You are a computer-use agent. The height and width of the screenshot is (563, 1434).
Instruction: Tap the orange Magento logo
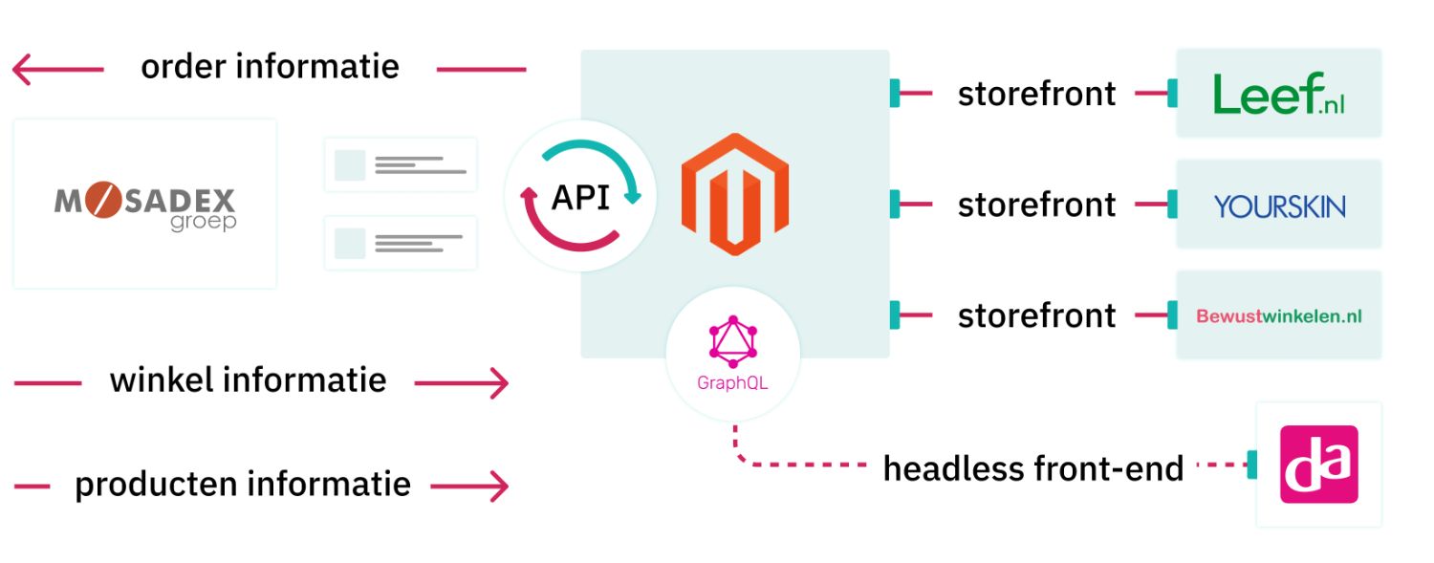click(x=734, y=194)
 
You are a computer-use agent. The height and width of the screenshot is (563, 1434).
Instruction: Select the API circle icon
click(x=580, y=196)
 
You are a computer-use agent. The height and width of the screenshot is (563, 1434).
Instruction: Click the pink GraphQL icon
click(x=732, y=341)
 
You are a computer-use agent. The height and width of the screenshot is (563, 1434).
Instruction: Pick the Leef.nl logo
click(x=1278, y=94)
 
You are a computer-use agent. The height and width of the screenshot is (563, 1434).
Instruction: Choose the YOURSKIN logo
click(x=1279, y=206)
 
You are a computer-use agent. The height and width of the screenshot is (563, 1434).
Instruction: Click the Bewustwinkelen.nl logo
click(x=1278, y=315)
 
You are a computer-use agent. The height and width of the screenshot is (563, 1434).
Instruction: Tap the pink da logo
click(x=1318, y=464)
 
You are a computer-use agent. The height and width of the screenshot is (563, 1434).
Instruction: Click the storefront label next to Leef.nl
click(x=1036, y=94)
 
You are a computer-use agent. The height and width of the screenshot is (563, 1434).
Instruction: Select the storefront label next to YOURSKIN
click(x=1036, y=205)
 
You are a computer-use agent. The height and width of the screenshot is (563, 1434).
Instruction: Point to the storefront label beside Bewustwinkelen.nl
click(x=1036, y=315)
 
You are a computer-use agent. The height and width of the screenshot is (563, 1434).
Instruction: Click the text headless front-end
click(x=1032, y=468)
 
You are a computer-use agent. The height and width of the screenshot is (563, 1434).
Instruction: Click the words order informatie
click(x=270, y=67)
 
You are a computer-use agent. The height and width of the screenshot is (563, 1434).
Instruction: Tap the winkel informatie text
click(x=248, y=380)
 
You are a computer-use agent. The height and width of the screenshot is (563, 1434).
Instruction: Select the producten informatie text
click(x=242, y=485)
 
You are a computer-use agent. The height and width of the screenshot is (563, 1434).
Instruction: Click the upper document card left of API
click(x=400, y=164)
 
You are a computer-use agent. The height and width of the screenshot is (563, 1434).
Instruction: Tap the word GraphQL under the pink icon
click(x=731, y=384)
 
